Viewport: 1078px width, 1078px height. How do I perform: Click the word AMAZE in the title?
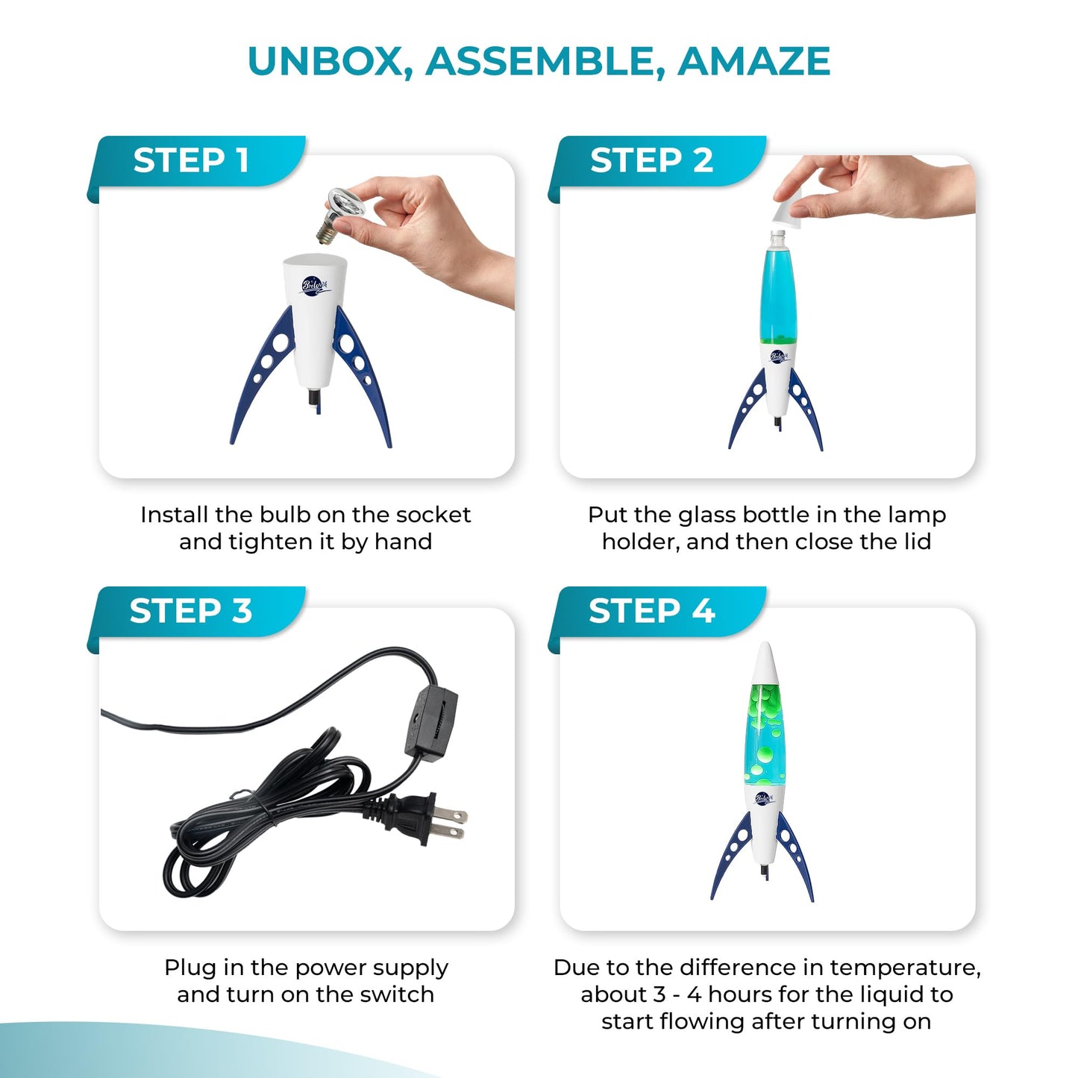pos(753,60)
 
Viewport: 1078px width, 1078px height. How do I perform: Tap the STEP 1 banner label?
pos(191,161)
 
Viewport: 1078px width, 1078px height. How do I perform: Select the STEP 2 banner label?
pos(652,161)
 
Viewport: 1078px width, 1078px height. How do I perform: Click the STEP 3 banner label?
pos(191,610)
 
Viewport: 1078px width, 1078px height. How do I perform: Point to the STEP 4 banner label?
pos(652,610)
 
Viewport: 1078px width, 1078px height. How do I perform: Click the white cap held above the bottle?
pos(789,211)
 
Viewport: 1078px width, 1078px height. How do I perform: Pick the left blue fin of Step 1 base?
pos(263,374)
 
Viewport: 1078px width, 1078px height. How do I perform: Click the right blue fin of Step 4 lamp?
pos(795,856)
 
